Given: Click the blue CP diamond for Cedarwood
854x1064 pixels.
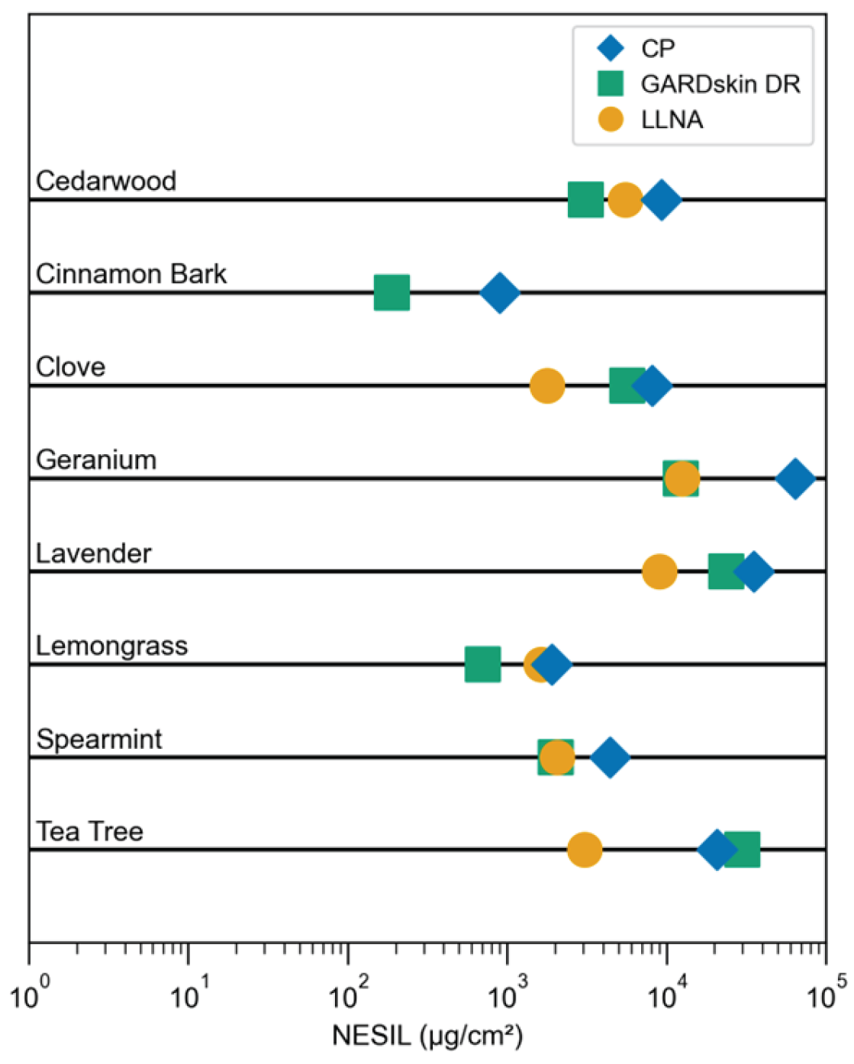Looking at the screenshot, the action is click(662, 200).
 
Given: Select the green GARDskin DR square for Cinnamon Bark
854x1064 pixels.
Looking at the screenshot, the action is click(392, 292).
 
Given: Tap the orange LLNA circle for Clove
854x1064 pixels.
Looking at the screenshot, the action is click(547, 385).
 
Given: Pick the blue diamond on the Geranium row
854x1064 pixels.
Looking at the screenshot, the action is click(794, 479).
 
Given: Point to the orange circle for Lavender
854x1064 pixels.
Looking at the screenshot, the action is click(659, 572).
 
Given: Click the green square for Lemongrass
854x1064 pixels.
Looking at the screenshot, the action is click(482, 664).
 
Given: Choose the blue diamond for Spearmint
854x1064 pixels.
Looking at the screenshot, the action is click(610, 757).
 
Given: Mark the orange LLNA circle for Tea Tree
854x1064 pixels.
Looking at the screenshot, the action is click(585, 850).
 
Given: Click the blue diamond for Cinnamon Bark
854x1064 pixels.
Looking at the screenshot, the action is click(499, 292).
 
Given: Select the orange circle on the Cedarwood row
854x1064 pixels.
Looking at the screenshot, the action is click(625, 200).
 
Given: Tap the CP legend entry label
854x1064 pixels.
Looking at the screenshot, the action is click(658, 48).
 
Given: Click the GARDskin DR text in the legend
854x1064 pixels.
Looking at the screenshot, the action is click(720, 84).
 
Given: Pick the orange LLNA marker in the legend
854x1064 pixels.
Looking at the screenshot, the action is click(611, 120).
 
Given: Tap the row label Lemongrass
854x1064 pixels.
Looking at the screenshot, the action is click(111, 646).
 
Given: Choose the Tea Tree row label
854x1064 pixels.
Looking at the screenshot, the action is click(89, 831).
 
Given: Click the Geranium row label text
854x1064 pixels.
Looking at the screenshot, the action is click(96, 459).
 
